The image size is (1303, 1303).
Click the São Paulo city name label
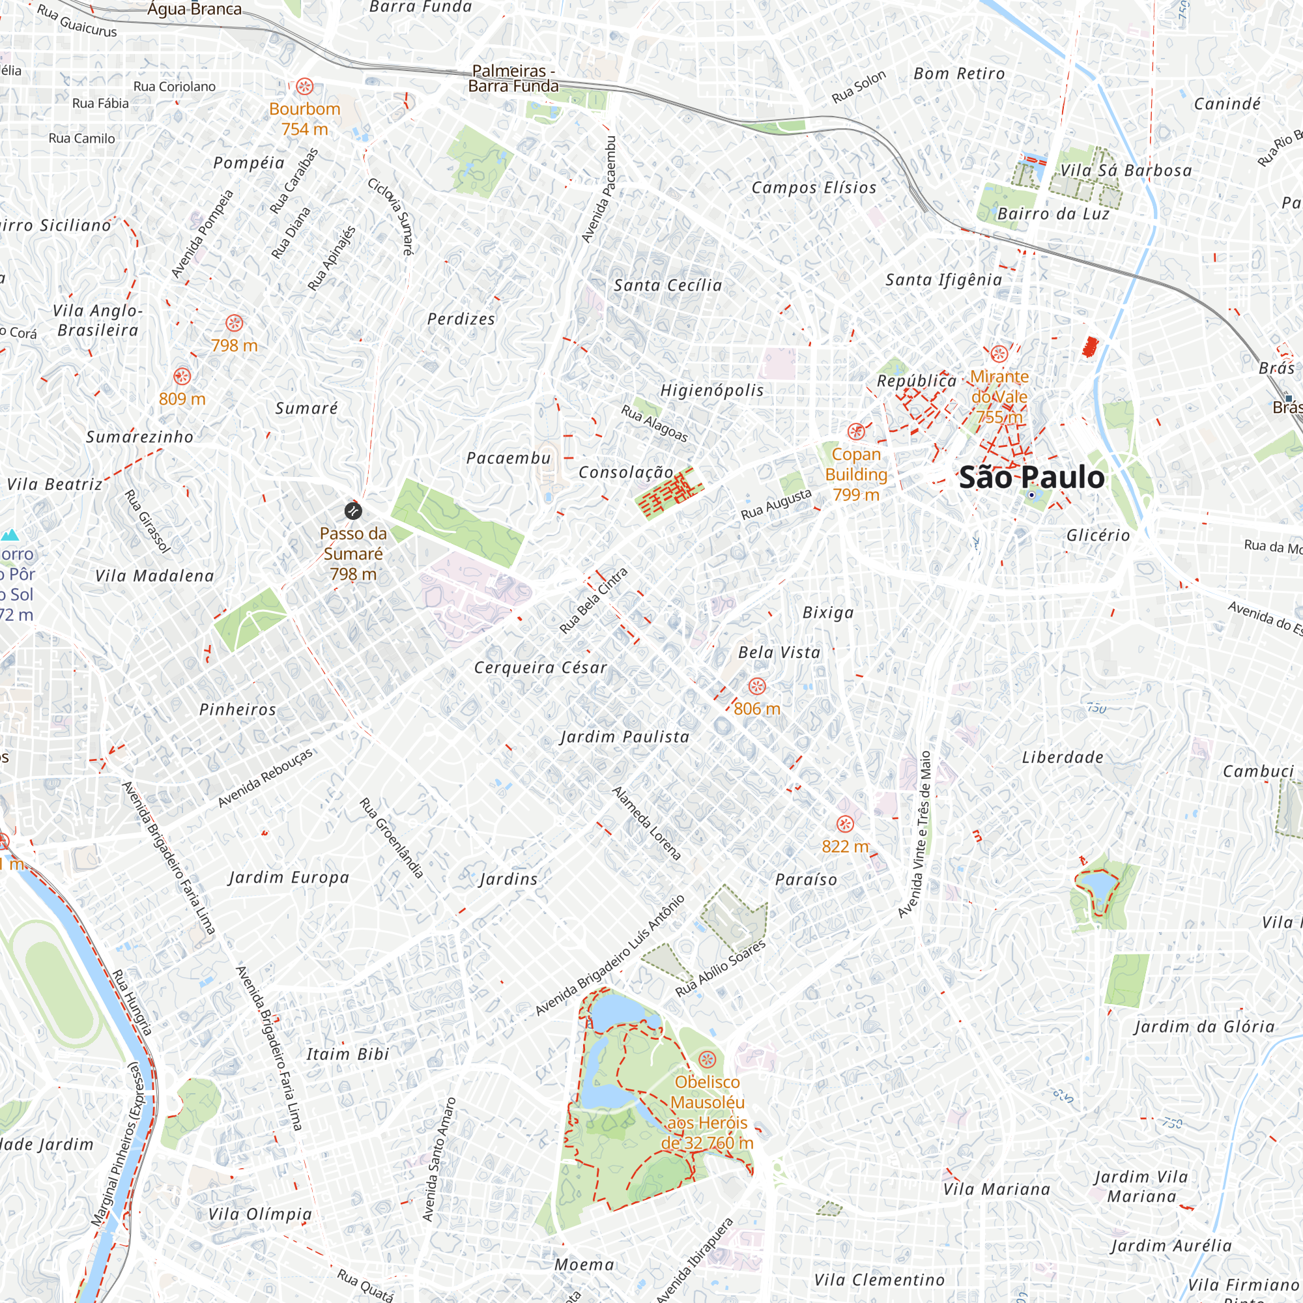click(x=1031, y=478)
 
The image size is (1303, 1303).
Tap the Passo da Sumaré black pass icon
click(x=352, y=511)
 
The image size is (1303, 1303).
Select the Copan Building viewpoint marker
click(x=856, y=431)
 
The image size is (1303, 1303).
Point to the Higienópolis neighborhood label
click(x=711, y=390)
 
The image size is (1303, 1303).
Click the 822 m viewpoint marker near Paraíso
click(x=844, y=823)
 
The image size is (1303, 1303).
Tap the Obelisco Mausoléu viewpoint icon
click(x=706, y=1058)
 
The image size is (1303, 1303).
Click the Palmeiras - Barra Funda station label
click(x=513, y=78)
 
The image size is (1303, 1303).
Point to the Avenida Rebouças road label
click(x=265, y=778)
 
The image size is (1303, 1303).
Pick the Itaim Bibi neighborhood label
click(x=347, y=1054)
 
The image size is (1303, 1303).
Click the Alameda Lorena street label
click(x=646, y=823)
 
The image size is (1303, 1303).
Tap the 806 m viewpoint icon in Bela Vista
click(x=756, y=687)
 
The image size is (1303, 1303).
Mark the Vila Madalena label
click(x=154, y=576)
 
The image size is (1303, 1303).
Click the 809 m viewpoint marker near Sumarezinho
click(x=182, y=377)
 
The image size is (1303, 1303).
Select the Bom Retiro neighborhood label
click(x=958, y=74)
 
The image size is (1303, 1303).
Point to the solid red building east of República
click(x=1088, y=347)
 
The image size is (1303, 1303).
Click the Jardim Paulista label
click(x=625, y=736)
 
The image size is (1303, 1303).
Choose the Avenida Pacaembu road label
click(x=599, y=190)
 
